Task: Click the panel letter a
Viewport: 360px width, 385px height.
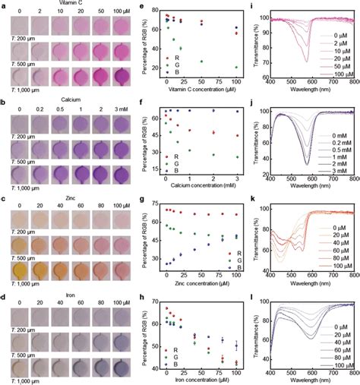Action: (4, 4)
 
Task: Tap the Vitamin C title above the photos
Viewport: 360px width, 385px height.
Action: (71, 4)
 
